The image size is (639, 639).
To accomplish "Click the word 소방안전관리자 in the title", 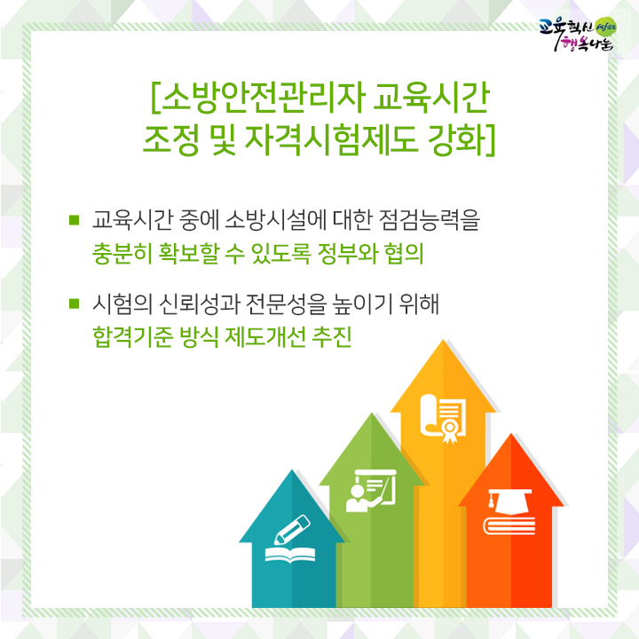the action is [261, 98].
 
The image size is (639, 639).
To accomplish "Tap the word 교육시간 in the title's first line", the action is [431, 98].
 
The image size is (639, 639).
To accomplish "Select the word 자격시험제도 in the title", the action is [330, 139].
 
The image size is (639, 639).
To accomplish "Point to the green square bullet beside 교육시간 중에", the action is [74, 220].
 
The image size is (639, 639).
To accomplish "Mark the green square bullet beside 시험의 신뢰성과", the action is [74, 304].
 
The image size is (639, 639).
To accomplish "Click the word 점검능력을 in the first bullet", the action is [430, 220].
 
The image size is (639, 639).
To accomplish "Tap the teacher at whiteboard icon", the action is [371, 491].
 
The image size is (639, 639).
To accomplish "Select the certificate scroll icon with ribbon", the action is [443, 419].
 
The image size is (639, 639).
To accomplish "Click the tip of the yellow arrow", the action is [443, 340].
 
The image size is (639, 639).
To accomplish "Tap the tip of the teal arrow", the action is [292, 469].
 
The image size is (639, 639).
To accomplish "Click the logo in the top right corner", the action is [578, 35].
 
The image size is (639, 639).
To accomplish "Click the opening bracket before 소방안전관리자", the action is [154, 98].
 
